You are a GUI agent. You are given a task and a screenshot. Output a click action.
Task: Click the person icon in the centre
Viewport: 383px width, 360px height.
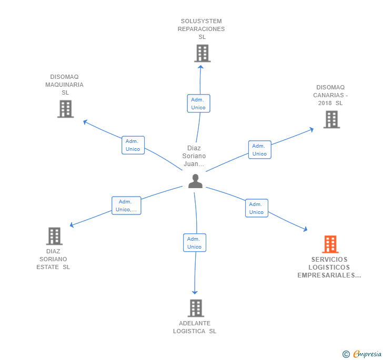point(195,181)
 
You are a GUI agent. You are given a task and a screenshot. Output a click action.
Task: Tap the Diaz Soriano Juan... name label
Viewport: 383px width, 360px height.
point(194,156)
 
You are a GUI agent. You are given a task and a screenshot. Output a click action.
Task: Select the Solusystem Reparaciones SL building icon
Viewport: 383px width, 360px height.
point(202,53)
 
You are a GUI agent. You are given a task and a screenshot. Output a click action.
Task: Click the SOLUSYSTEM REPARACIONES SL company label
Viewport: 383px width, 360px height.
point(201,29)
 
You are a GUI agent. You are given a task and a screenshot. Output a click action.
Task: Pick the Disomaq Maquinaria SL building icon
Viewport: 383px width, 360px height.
point(65,109)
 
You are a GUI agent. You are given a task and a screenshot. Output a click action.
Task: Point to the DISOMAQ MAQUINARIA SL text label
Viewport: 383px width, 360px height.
point(65,85)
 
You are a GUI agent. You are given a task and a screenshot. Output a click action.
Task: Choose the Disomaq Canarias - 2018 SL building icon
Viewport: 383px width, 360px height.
point(331,119)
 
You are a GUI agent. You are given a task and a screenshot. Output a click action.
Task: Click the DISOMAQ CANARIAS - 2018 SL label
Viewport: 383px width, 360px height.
point(330,95)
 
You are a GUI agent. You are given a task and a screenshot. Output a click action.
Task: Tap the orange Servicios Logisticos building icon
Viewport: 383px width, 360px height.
point(330,244)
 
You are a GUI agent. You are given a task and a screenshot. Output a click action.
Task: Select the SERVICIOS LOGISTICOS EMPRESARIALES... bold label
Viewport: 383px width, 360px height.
point(329,267)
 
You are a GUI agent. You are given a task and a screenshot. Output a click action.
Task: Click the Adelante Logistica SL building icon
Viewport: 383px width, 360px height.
point(195,308)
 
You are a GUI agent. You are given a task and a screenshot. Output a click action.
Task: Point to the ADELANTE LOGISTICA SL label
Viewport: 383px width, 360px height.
point(195,327)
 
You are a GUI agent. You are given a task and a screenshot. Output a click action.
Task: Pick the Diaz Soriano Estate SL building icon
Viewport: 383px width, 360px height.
point(54,236)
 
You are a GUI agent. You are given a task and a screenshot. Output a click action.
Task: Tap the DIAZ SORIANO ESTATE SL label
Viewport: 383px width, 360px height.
point(54,259)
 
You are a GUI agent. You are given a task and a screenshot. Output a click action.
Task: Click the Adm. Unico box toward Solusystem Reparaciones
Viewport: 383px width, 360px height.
point(198,104)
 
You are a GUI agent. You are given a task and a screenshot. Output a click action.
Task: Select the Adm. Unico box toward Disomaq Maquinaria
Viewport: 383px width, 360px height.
point(133,145)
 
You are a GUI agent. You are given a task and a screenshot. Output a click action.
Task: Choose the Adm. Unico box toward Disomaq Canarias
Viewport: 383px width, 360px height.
point(259,150)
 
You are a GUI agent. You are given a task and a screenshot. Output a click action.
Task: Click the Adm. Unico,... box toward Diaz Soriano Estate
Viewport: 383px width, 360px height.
point(126,205)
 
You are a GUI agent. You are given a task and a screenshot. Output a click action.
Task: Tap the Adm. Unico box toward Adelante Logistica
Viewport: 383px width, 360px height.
point(194,243)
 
